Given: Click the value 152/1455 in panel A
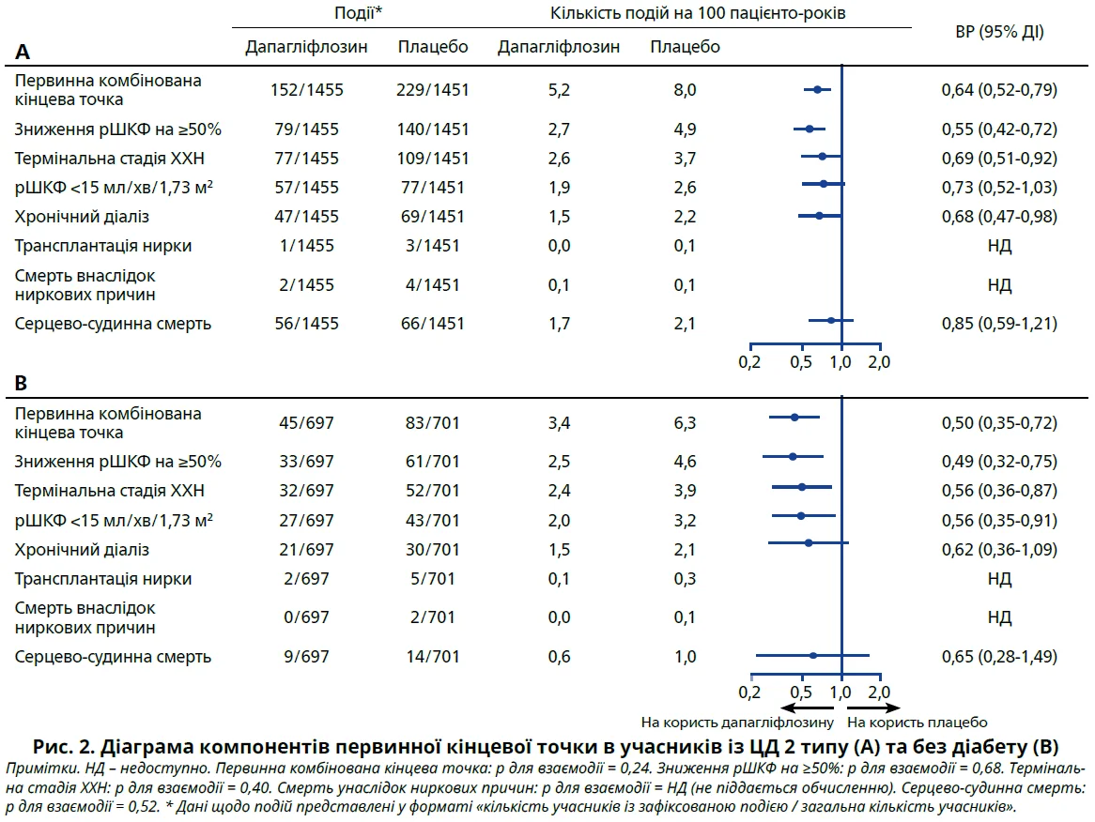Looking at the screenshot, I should tap(307, 90).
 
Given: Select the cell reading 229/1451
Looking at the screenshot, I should tap(432, 90).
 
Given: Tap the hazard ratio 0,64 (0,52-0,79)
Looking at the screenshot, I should tap(999, 90).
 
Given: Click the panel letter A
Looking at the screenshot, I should tap(22, 52).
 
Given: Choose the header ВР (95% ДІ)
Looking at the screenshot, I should tap(998, 32).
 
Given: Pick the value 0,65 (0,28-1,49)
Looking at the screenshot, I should tap(999, 657).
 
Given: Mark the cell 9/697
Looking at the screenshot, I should tap(307, 657).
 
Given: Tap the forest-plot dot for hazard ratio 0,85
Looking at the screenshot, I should tap(831, 321).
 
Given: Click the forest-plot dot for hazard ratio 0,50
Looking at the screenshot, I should tap(794, 417).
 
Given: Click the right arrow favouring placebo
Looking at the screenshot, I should tap(873, 708).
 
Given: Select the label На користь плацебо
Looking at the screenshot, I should tap(917, 723).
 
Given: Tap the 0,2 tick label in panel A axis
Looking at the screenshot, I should tap(748, 360).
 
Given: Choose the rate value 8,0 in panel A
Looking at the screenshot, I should tap(685, 90).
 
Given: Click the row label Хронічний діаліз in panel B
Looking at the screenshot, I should tap(82, 550).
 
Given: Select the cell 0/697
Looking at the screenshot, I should tap(307, 616).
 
